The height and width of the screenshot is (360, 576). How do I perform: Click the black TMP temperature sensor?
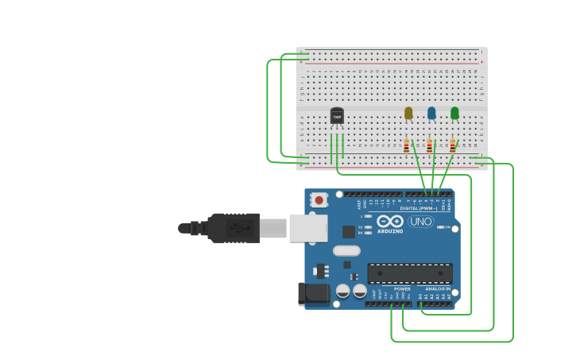(337, 116)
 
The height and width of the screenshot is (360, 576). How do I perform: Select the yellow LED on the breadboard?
(408, 114)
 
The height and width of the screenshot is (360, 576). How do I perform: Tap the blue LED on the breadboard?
(431, 114)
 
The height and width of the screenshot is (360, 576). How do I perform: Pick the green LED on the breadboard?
(454, 114)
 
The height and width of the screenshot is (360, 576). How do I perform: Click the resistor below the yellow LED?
(407, 146)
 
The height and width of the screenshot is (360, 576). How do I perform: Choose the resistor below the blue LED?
(430, 146)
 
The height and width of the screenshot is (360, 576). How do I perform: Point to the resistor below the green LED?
(453, 146)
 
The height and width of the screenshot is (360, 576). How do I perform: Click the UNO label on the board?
(420, 222)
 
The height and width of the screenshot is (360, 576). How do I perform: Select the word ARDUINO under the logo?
(390, 231)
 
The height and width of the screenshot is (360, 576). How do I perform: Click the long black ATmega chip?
(409, 273)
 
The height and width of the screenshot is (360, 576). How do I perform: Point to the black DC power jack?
(312, 294)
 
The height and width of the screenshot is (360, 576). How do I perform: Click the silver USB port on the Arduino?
(307, 227)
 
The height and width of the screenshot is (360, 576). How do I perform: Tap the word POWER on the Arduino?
(402, 288)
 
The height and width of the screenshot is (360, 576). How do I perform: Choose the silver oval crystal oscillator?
(346, 250)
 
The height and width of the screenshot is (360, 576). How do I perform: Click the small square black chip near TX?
(348, 231)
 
